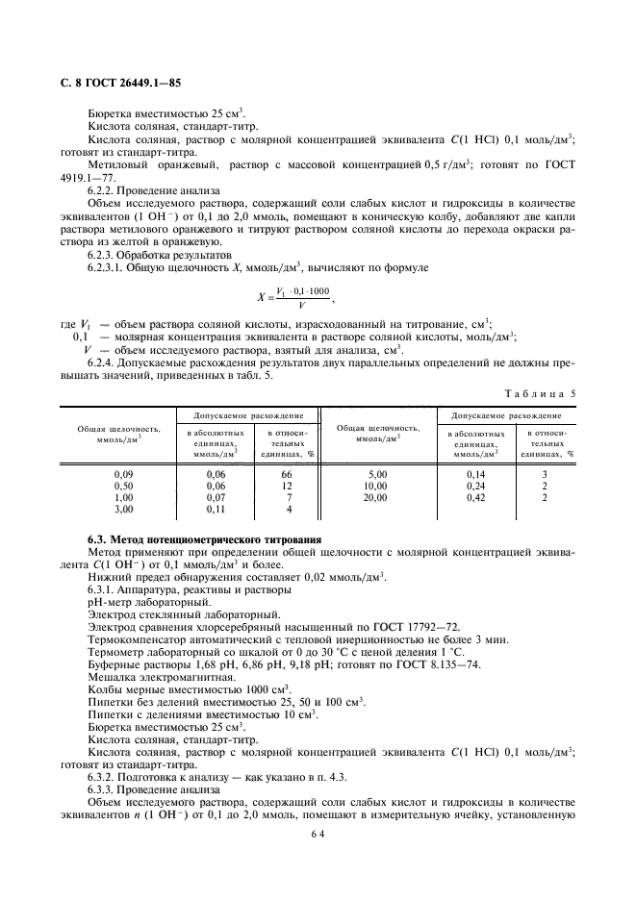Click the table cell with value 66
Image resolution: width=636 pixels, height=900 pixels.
(286, 474)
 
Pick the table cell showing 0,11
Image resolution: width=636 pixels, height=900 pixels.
(216, 509)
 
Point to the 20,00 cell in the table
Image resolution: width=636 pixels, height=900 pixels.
(374, 497)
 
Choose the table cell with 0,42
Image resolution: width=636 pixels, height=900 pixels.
(475, 497)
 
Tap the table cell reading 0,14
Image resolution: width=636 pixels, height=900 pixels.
(475, 474)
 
